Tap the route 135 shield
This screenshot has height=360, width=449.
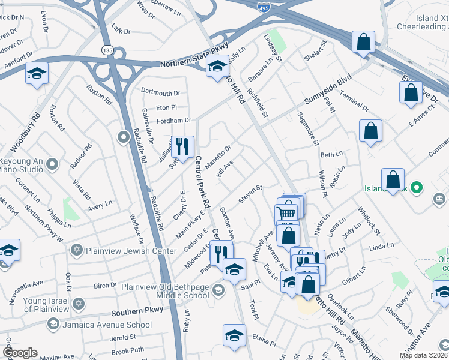107,49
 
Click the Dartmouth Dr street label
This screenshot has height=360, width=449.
160,93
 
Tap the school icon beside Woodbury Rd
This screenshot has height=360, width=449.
37,74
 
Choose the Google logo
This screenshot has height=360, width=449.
20,352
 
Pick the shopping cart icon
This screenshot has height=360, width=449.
286,214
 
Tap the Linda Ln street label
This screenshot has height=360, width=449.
382,246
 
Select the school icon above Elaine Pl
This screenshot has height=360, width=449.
234,336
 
